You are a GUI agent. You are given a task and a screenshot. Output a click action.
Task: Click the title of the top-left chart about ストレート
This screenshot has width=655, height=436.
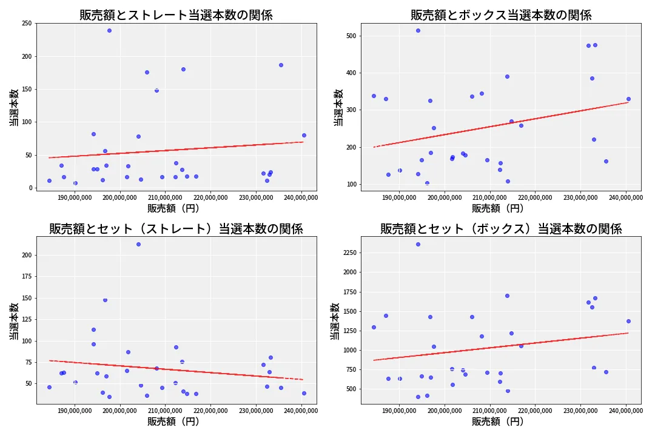176,15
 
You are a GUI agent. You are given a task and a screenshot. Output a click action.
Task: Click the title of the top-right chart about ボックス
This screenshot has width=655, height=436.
501,15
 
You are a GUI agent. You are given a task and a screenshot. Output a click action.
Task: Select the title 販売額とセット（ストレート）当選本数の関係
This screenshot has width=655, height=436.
176,229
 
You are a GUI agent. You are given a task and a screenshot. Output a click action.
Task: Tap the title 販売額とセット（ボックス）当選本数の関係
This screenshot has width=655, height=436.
501,229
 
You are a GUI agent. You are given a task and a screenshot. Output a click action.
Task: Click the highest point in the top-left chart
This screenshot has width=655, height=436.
109,30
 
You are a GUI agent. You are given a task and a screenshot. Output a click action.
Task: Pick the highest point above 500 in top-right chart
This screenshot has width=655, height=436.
418,30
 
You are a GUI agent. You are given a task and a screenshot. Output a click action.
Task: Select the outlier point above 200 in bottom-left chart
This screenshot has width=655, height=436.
138,244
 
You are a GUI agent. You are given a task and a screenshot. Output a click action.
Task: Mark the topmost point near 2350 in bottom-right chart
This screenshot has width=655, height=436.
418,244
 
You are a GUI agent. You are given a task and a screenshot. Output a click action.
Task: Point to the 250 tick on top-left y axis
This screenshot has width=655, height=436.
27,24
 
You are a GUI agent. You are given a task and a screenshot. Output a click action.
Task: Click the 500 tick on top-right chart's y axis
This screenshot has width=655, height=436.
352,36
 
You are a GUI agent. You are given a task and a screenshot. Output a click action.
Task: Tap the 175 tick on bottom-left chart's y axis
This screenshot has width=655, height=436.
27,276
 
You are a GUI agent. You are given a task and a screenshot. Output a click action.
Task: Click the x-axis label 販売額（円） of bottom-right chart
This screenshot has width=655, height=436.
497,421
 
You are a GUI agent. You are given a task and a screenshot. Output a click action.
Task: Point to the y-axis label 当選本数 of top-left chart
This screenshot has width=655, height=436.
13,108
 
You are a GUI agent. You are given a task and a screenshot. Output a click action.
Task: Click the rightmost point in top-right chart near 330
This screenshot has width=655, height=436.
628,99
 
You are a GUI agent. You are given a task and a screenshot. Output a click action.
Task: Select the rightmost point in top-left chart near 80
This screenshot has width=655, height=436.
304,135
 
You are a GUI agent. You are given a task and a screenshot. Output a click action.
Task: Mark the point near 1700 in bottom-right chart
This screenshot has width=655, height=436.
507,296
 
